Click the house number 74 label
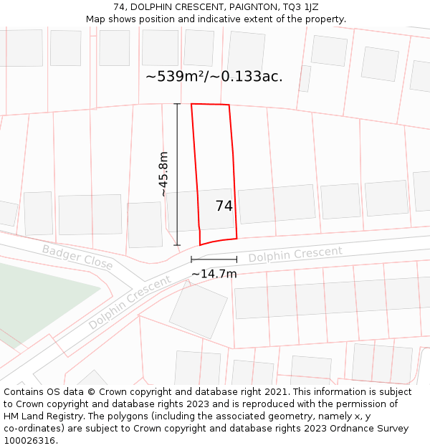224,206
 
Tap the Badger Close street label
77,257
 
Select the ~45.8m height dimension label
163,174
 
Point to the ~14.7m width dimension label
214,273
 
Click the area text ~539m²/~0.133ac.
214,77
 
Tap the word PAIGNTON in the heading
254,7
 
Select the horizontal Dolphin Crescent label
295,254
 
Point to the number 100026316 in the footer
29,441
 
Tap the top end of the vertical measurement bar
177,104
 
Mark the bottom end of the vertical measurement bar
177,245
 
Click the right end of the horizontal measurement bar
236,259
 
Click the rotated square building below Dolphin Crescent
198,310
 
